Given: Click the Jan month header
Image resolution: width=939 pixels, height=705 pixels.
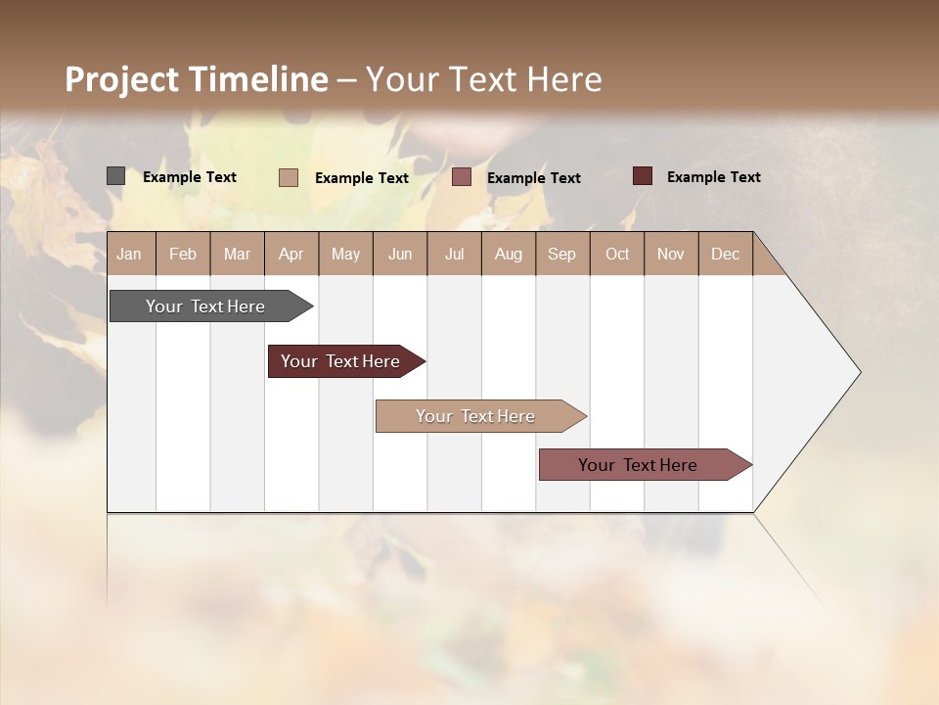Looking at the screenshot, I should coord(129,254).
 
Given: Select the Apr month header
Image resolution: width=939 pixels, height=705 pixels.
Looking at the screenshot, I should coord(291,254).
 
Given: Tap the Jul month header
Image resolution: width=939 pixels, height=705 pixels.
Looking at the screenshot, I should coord(454,254).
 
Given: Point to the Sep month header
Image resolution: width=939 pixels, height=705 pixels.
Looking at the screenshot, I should coord(561,254).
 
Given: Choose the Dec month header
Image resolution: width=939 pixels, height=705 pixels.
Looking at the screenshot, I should coord(725,254).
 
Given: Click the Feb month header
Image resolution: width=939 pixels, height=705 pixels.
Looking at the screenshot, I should coord(183,254).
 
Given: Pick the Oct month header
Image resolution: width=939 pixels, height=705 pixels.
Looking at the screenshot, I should coord(617,254).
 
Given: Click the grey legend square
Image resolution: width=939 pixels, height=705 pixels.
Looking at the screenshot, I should coord(115,176).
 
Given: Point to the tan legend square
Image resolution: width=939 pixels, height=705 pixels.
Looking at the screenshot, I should coord(289,177).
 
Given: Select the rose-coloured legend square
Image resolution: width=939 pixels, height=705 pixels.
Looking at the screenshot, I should coord(462,177).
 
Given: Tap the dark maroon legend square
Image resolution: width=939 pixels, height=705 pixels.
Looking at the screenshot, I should coord(643,176).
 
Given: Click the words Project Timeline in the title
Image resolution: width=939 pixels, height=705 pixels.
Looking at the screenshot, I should coord(197,79).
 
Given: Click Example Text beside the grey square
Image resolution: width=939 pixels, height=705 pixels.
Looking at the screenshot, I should coord(190,177).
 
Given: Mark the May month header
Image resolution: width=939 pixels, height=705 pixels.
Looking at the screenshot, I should coord(345,254).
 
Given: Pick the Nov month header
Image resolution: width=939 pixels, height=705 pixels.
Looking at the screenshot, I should coord(671,254).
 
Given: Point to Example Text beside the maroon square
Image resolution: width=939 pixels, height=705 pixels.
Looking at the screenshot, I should coord(714,177).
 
